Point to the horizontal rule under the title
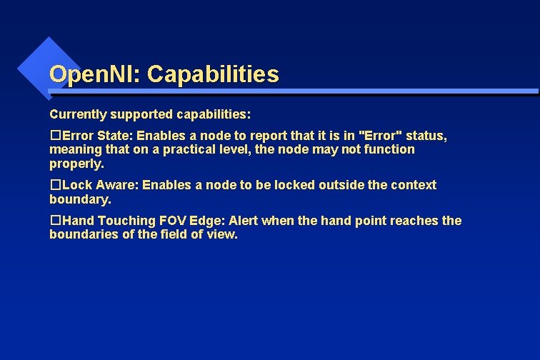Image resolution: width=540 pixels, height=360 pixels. tap(293, 92)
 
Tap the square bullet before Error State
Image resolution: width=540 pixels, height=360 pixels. tap(54, 136)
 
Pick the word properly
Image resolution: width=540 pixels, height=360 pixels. tap(76, 164)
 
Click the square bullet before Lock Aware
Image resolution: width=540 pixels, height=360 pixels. tap(54, 185)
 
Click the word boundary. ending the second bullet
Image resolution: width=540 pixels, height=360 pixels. tap(80, 199)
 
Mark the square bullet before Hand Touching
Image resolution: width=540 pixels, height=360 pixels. tap(54, 221)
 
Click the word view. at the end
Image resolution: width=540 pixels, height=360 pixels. tap(222, 234)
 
